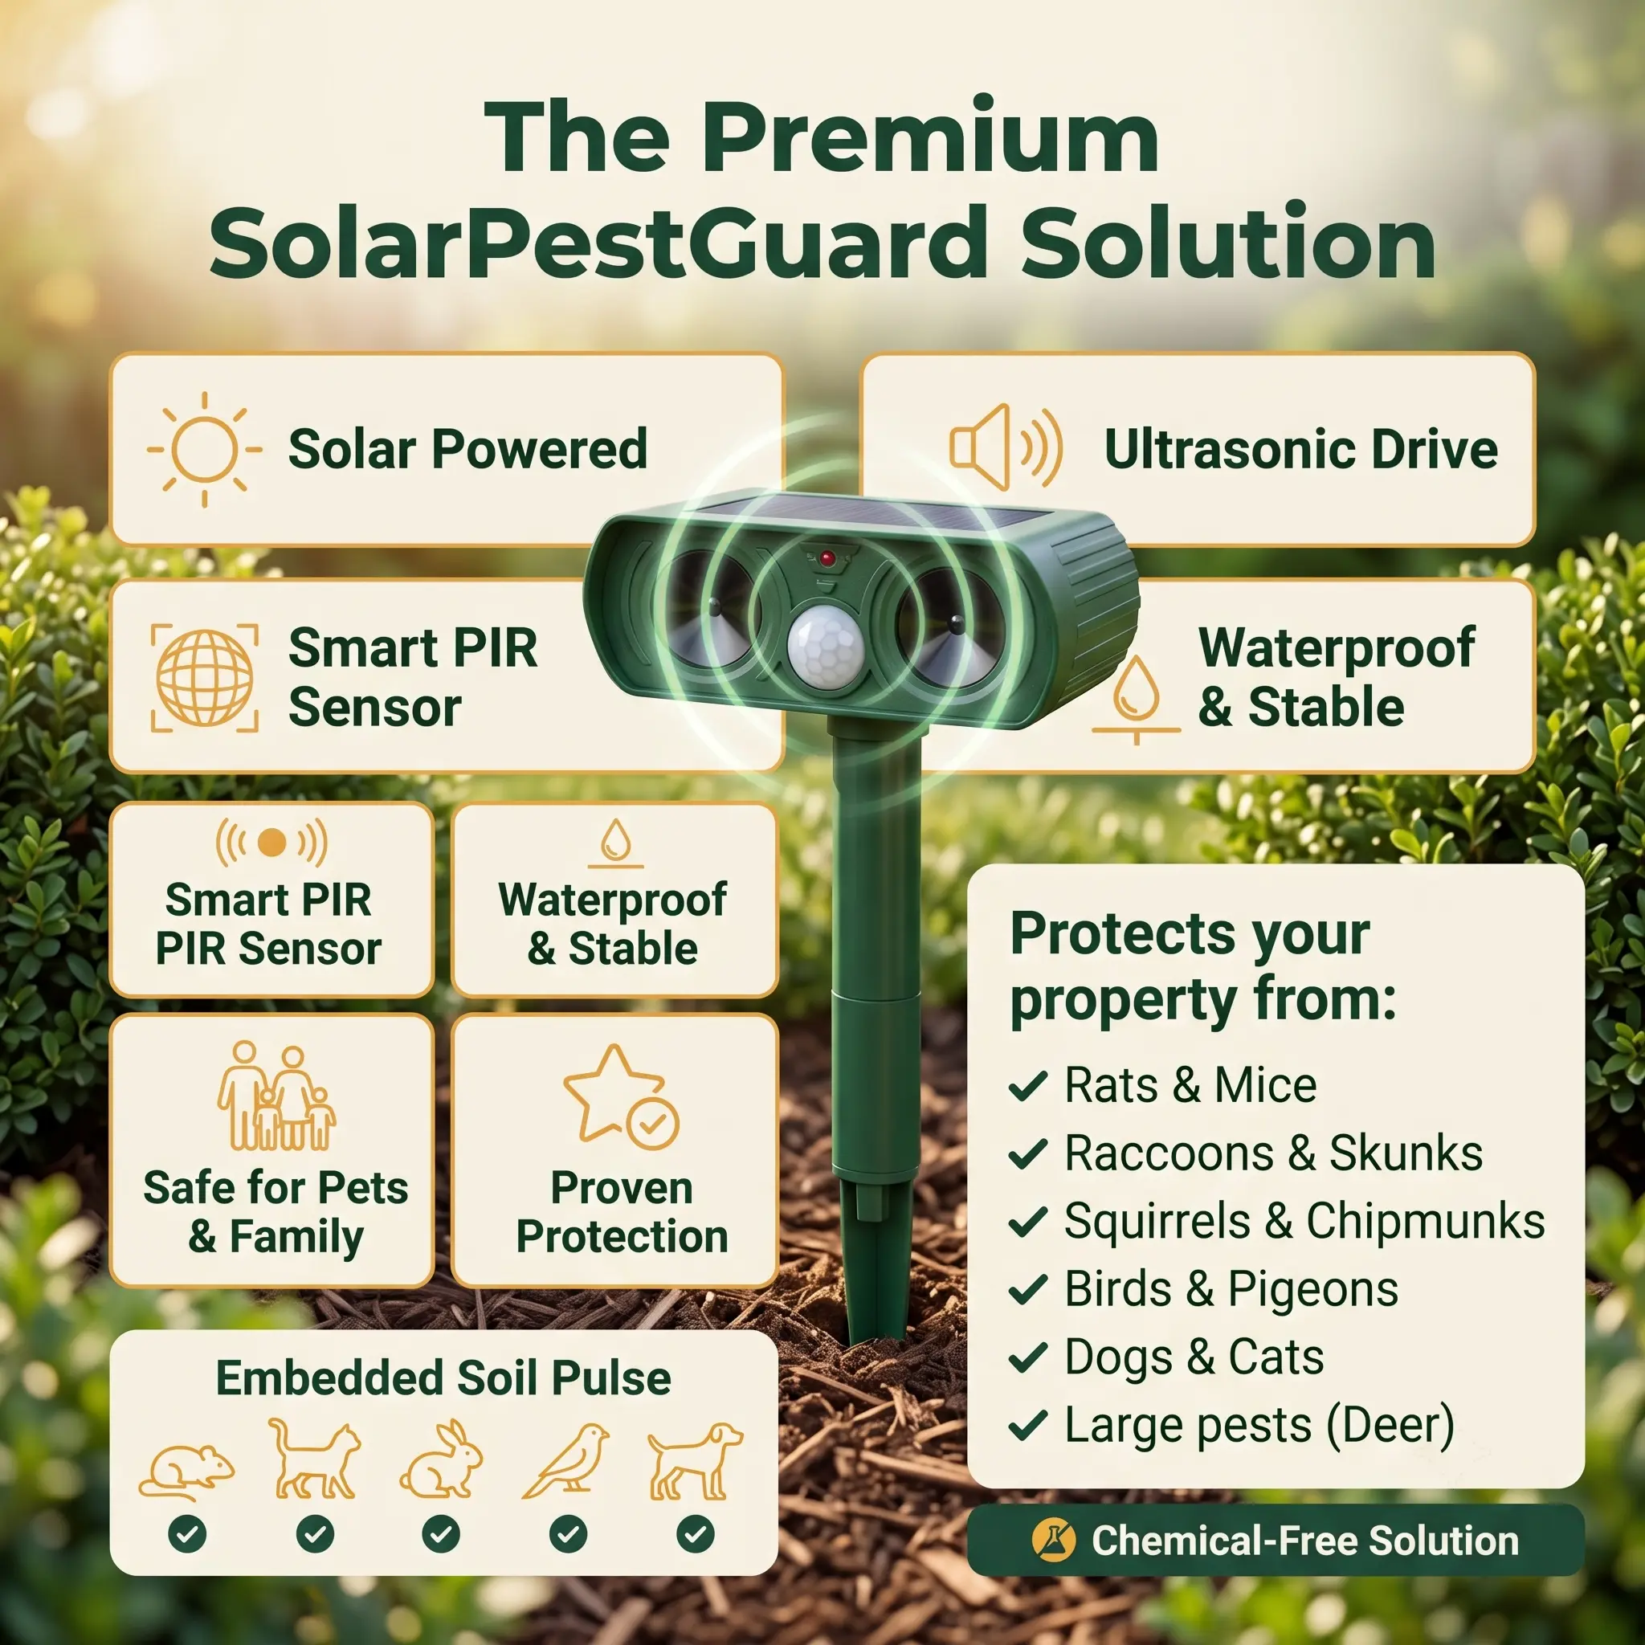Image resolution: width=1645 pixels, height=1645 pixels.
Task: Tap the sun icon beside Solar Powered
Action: point(204,449)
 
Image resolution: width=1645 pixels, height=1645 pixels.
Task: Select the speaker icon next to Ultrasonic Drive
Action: point(1006,448)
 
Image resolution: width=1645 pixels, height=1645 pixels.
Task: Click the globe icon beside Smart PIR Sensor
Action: point(204,679)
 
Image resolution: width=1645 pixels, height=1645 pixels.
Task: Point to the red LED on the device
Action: point(827,558)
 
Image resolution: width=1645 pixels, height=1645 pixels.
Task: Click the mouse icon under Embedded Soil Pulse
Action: point(186,1472)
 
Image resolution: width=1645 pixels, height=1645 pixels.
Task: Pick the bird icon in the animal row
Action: point(566,1461)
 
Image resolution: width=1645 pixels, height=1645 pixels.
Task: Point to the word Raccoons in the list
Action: point(1169,1153)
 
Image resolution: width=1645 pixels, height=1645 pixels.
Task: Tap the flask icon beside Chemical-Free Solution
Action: point(1053,1541)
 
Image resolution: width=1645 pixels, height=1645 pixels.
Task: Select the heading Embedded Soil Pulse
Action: point(443,1378)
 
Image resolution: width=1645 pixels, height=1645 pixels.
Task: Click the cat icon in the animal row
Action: point(314,1459)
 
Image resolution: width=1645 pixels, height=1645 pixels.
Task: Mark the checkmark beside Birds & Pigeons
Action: point(1027,1290)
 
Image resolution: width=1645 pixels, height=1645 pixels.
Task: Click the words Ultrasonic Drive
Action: point(1300,449)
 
